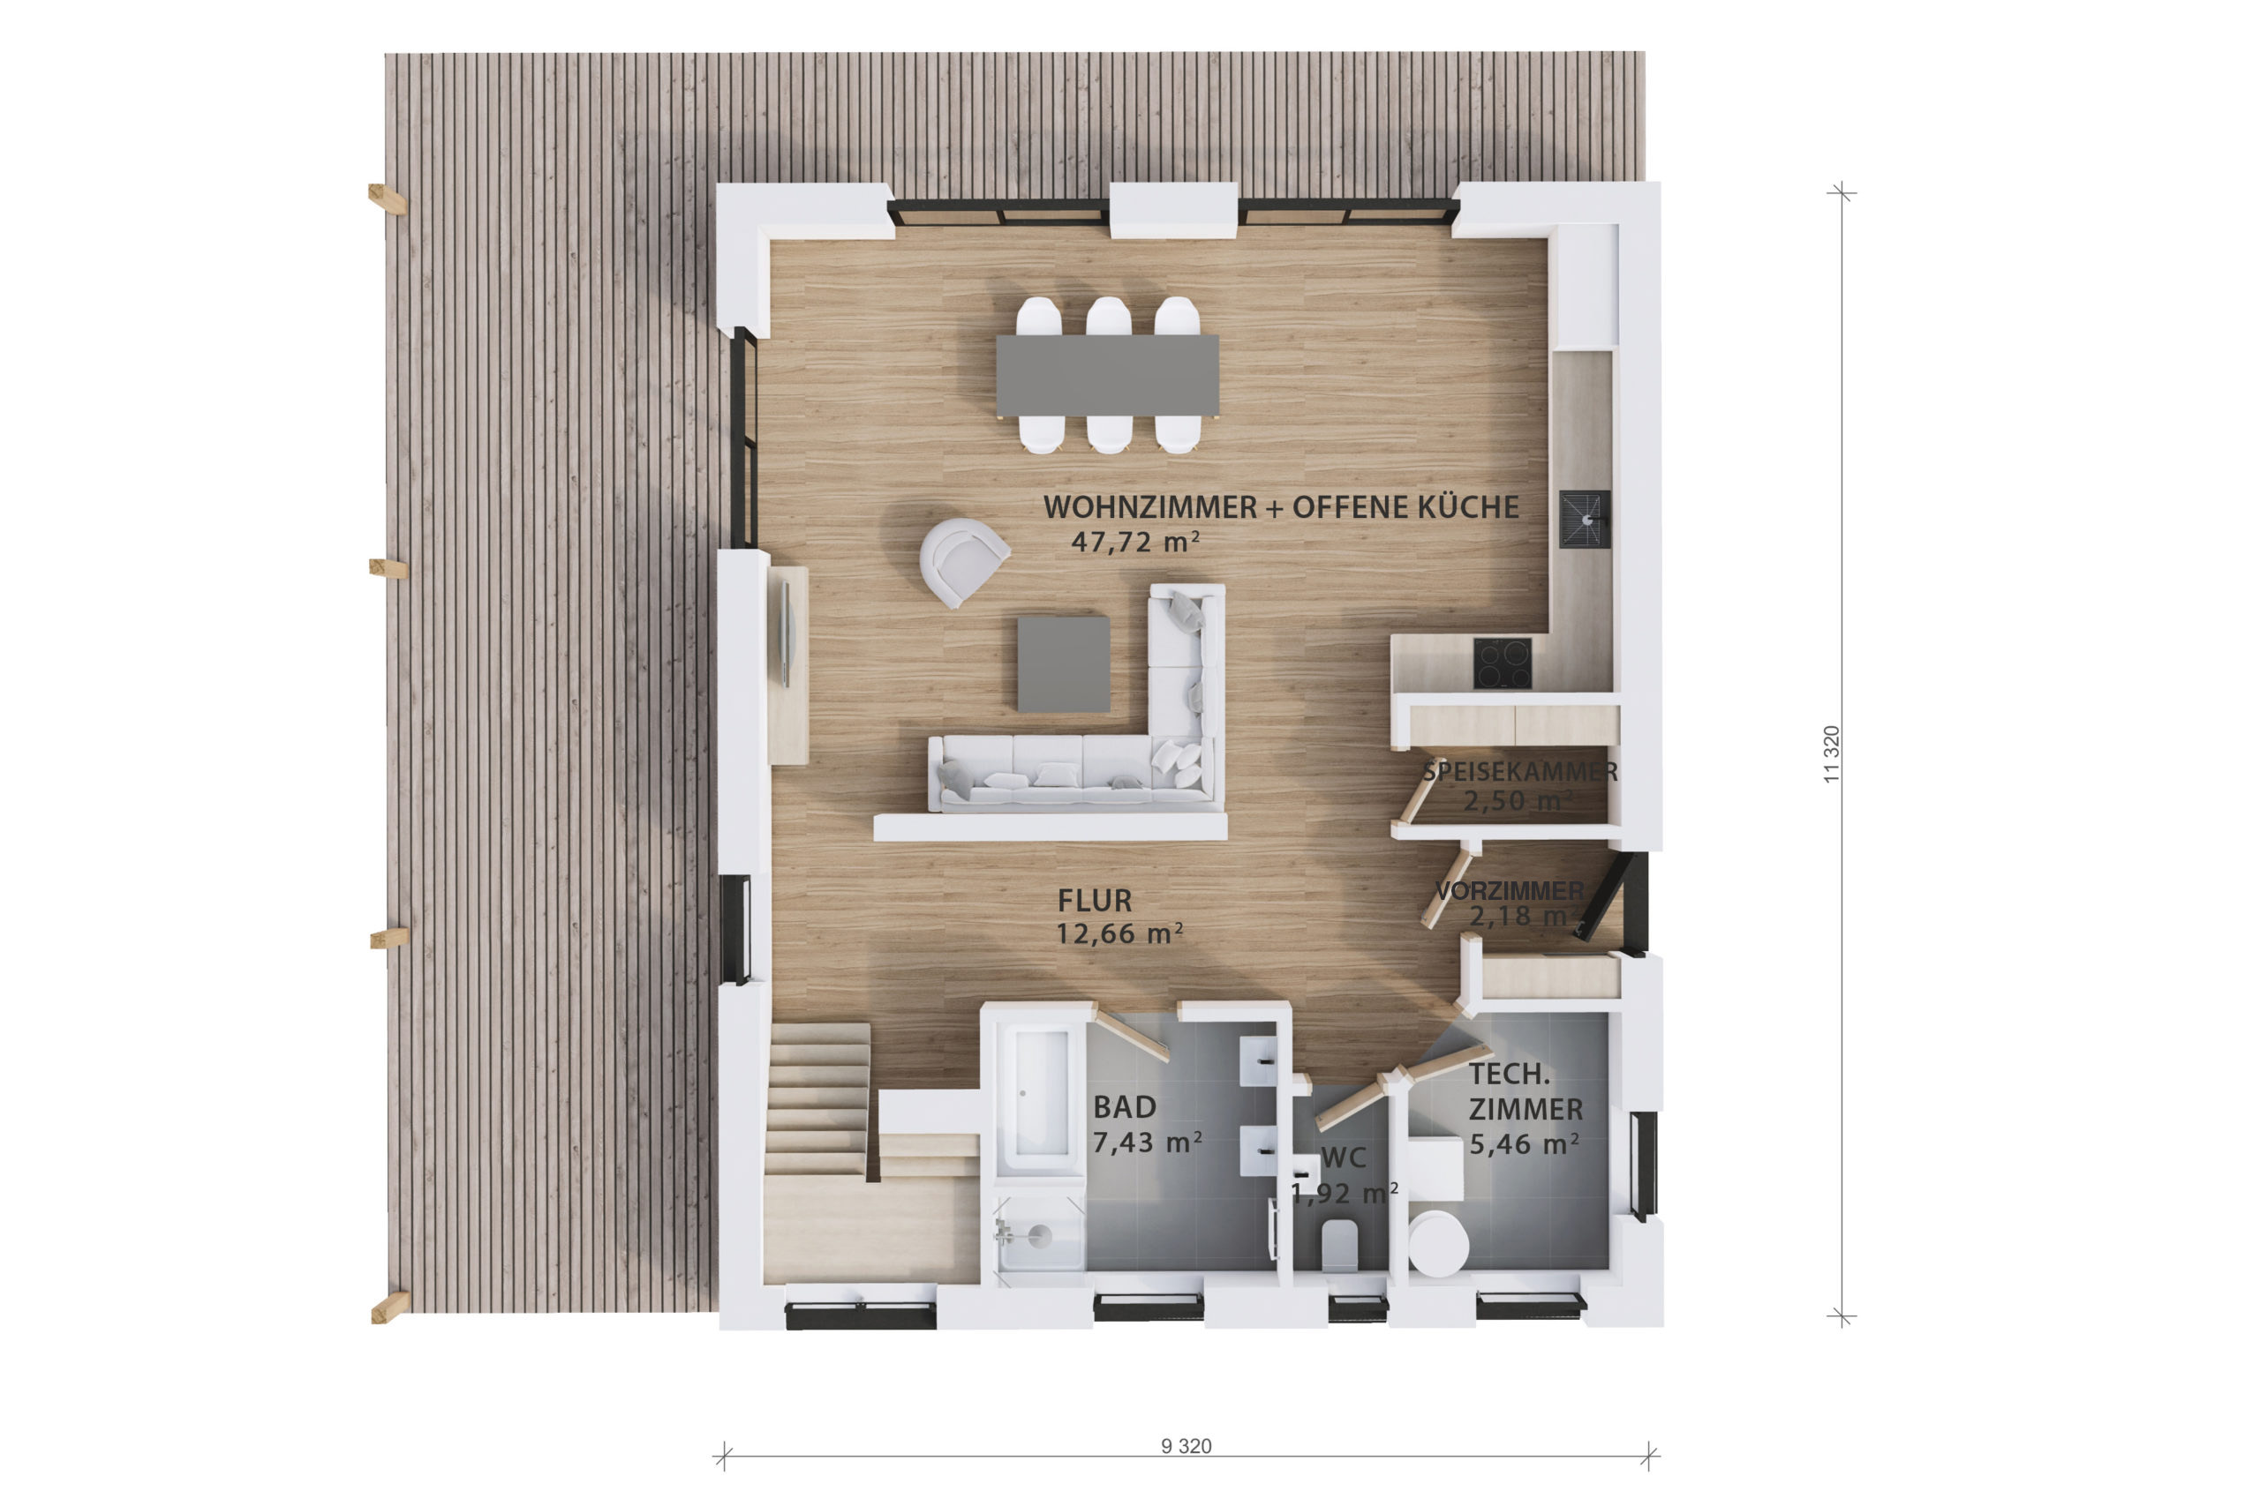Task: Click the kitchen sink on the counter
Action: click(1584, 519)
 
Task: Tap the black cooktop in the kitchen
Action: click(1503, 663)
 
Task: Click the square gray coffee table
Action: click(1064, 664)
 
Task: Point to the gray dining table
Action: click(1107, 375)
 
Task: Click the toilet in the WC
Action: click(1338, 1246)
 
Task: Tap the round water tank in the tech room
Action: click(1437, 1244)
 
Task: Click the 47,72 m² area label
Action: click(1134, 542)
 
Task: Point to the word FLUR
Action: click(1095, 901)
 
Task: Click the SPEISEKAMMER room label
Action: click(1520, 771)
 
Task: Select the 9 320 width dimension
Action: click(1186, 1445)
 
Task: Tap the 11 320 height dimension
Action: click(1830, 754)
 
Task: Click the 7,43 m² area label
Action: click(1148, 1142)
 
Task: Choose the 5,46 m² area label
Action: click(1524, 1144)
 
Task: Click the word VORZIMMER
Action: click(1510, 891)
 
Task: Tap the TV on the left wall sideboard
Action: click(786, 635)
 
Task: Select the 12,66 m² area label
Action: click(1119, 933)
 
